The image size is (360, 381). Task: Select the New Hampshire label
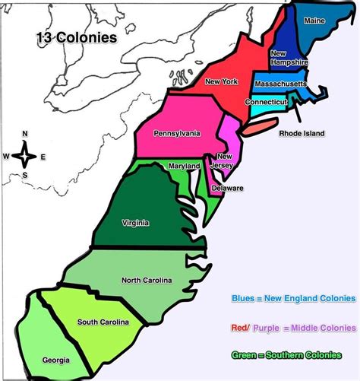(x=289, y=59)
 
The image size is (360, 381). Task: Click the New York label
(x=221, y=81)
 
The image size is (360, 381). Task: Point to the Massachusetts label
(x=280, y=83)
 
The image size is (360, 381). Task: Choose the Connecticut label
(x=266, y=101)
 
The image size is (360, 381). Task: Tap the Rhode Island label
(x=302, y=133)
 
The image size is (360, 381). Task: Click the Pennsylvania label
(x=176, y=133)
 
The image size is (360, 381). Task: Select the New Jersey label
(x=226, y=160)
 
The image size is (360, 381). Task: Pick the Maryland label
(x=185, y=166)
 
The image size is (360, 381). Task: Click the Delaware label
(x=228, y=188)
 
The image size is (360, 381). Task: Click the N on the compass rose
(x=24, y=134)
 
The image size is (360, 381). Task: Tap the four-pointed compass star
(x=24, y=157)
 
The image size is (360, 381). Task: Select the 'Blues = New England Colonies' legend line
(x=292, y=299)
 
